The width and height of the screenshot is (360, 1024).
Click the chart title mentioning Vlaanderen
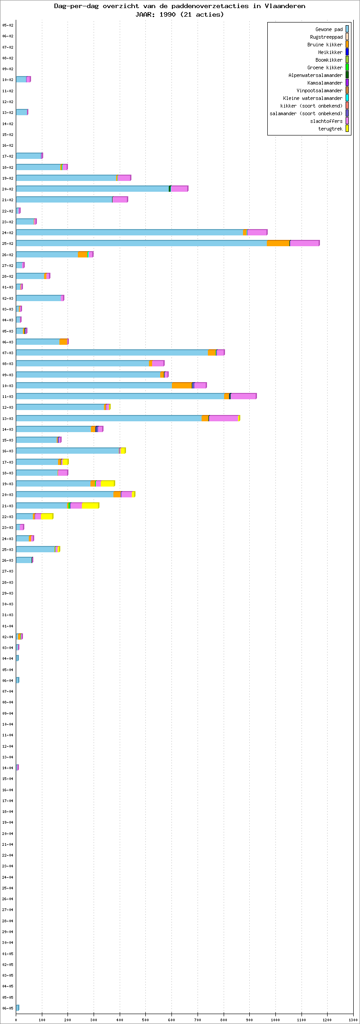[180, 6]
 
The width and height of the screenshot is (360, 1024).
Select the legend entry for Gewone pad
[329, 29]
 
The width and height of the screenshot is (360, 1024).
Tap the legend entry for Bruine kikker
[325, 45]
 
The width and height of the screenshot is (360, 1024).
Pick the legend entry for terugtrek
[330, 129]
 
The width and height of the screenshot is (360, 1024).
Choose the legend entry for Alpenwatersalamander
[315, 75]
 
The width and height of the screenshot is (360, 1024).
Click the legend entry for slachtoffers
[326, 121]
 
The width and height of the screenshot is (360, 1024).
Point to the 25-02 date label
[8, 244]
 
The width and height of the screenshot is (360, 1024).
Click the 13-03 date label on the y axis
[8, 419]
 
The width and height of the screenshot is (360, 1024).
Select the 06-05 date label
[8, 1008]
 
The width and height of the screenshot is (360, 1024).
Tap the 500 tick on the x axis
[145, 1016]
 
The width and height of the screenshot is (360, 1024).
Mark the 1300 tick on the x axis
[353, 1016]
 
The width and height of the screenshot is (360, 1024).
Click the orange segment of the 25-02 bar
[278, 244]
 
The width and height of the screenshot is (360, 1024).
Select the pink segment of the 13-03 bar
[224, 419]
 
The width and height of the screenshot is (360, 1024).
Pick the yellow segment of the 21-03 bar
[90, 506]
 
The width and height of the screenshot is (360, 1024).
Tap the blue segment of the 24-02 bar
[129, 233]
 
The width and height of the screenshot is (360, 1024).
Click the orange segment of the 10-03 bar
[182, 386]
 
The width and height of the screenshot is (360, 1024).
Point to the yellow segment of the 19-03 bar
[108, 484]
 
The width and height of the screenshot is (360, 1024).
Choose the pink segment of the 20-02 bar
[179, 189]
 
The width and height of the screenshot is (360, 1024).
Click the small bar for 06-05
[18, 1008]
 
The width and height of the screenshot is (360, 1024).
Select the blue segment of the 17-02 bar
[28, 156]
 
